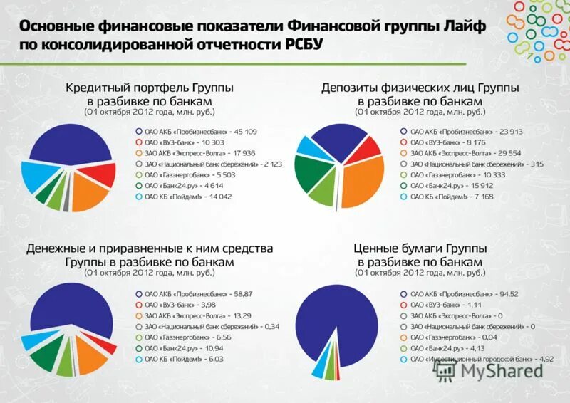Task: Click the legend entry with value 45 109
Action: [x=200, y=132]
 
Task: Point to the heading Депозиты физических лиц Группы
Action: [x=420, y=88]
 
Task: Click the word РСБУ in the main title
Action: [x=302, y=44]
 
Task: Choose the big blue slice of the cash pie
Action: [x=64, y=306]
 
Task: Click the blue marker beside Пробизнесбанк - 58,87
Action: [x=139, y=294]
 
